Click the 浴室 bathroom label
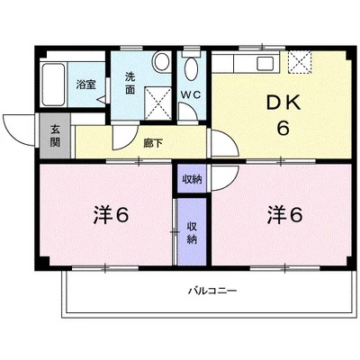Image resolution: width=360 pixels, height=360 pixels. (86, 85)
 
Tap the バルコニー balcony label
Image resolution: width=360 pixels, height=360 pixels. (212, 291)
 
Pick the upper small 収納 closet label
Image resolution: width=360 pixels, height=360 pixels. (192, 179)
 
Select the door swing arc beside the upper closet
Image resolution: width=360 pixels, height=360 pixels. (221, 176)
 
